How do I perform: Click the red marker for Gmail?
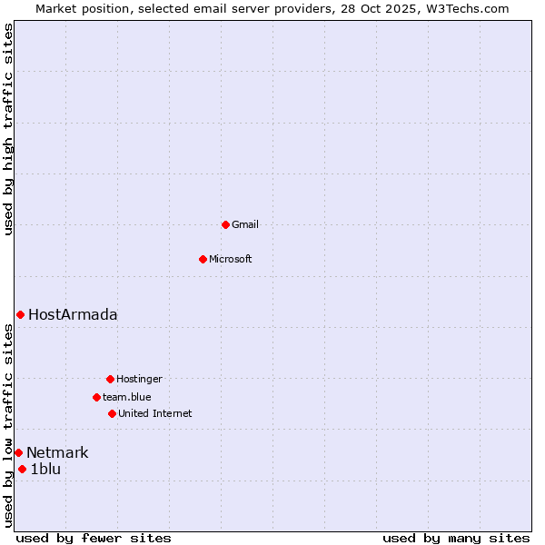pyautogui.click(x=225, y=224)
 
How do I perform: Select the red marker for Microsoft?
pyautogui.click(x=203, y=259)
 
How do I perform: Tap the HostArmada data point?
pyautogui.click(x=20, y=314)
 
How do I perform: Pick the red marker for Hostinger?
pyautogui.click(x=110, y=379)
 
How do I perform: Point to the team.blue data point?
pyautogui.click(x=96, y=397)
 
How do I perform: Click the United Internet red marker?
pyautogui.click(x=112, y=413)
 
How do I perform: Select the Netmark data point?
pyautogui.click(x=18, y=452)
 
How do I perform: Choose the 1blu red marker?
pyautogui.click(x=23, y=469)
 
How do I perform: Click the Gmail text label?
pyautogui.click(x=245, y=224)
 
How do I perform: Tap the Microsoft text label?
pyautogui.click(x=231, y=259)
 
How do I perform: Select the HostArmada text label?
pyautogui.click(x=73, y=315)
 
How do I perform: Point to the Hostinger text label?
pyautogui.click(x=139, y=379)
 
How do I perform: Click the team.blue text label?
pyautogui.click(x=127, y=397)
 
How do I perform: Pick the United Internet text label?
pyautogui.click(x=155, y=413)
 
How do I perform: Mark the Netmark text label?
pyautogui.click(x=57, y=453)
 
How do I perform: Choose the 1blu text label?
pyautogui.click(x=45, y=470)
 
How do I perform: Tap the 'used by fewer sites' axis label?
pyautogui.click(x=94, y=538)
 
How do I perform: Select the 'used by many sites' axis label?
pyautogui.click(x=456, y=538)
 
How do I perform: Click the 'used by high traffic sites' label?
pyautogui.click(x=8, y=130)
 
